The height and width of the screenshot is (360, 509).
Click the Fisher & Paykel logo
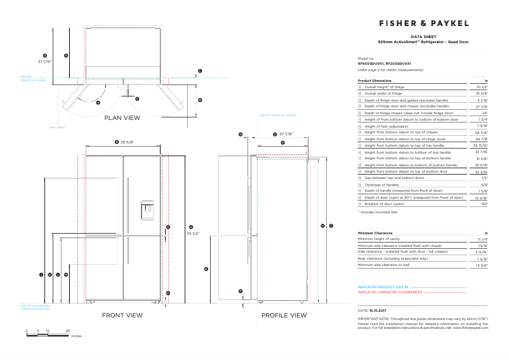coord(423,23)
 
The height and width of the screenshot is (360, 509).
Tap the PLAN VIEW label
coord(122,117)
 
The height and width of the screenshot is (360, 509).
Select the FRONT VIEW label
coord(122,315)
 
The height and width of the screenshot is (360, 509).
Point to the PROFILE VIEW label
coord(284,315)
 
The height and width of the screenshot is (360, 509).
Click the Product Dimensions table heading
coord(374,81)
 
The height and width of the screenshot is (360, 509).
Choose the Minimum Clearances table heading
coord(374,233)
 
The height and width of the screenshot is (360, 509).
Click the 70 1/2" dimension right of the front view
coord(193,234)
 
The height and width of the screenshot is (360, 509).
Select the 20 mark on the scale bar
coord(68,331)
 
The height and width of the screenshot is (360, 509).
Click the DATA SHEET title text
coord(423,37)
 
